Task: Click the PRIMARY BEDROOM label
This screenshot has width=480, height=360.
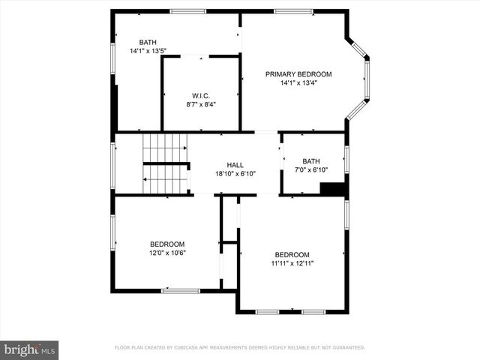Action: pos(298,74)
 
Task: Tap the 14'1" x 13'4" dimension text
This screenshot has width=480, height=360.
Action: pos(298,83)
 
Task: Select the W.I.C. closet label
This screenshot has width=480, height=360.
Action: pos(200,96)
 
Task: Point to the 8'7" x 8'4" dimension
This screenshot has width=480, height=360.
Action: pos(200,105)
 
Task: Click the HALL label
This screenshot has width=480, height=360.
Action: pos(235,165)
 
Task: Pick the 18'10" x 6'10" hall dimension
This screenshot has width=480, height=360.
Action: pos(235,174)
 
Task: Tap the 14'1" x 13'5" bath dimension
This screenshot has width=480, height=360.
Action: pos(148,51)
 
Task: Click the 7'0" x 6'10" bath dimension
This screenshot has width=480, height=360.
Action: pos(310,170)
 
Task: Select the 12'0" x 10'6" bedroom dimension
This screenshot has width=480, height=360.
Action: pos(167,253)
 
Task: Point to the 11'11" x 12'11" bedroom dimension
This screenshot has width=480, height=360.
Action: pos(292,263)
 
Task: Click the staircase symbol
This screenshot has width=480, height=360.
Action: pos(165,164)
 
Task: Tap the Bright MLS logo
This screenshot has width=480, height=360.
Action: pos(29,349)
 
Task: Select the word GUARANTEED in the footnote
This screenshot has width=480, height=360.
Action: pos(346,347)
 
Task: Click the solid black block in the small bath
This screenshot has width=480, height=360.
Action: pos(331,189)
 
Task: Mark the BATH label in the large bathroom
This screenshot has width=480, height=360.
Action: pos(148,42)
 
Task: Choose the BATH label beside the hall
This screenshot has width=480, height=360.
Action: pos(310,161)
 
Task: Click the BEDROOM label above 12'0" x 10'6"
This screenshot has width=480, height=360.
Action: pos(167,244)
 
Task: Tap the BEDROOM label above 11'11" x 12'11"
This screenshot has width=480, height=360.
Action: pos(292,254)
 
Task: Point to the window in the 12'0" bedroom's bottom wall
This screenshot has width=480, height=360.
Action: pos(181,290)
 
